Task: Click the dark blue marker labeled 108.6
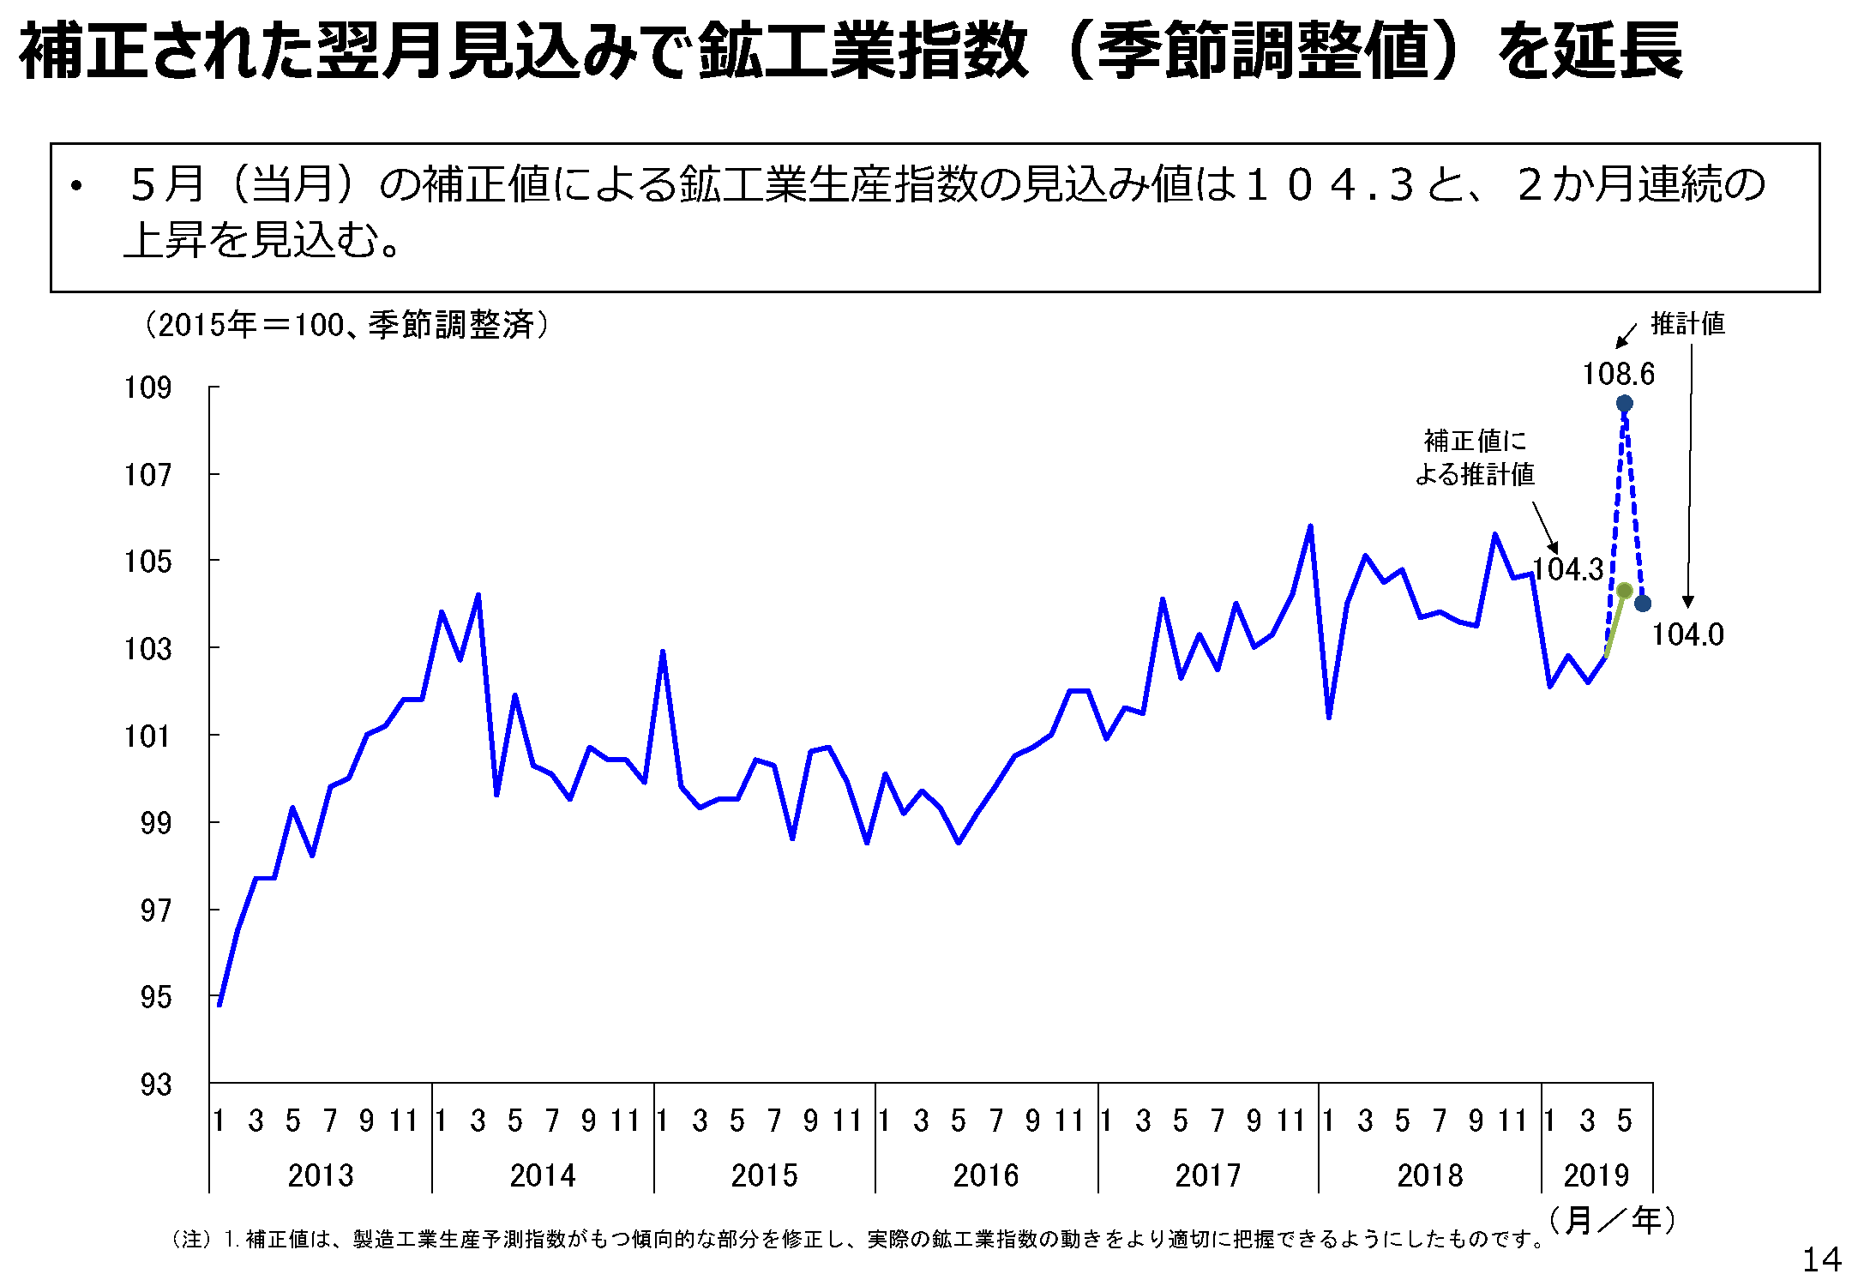[1624, 403]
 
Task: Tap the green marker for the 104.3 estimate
[1624, 591]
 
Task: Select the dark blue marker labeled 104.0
[1643, 604]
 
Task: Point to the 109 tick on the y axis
[147, 388]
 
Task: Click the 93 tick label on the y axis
[155, 1085]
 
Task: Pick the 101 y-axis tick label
[147, 736]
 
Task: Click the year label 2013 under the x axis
[321, 1175]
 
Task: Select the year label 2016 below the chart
[986, 1175]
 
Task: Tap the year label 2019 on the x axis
[1596, 1175]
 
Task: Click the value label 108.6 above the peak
[1618, 374]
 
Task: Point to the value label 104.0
[1687, 634]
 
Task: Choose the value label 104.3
[1567, 569]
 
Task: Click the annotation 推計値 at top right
[1687, 324]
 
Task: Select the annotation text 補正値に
[1475, 442]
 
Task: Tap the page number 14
[1821, 1259]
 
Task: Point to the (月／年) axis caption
[1612, 1220]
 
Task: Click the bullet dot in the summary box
[77, 186]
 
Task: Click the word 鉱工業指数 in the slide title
[863, 51]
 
